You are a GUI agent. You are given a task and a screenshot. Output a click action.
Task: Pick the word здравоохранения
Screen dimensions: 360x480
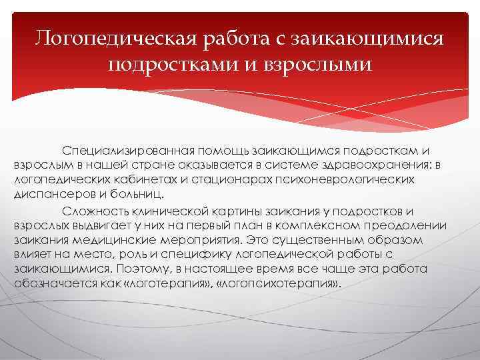[375, 166]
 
